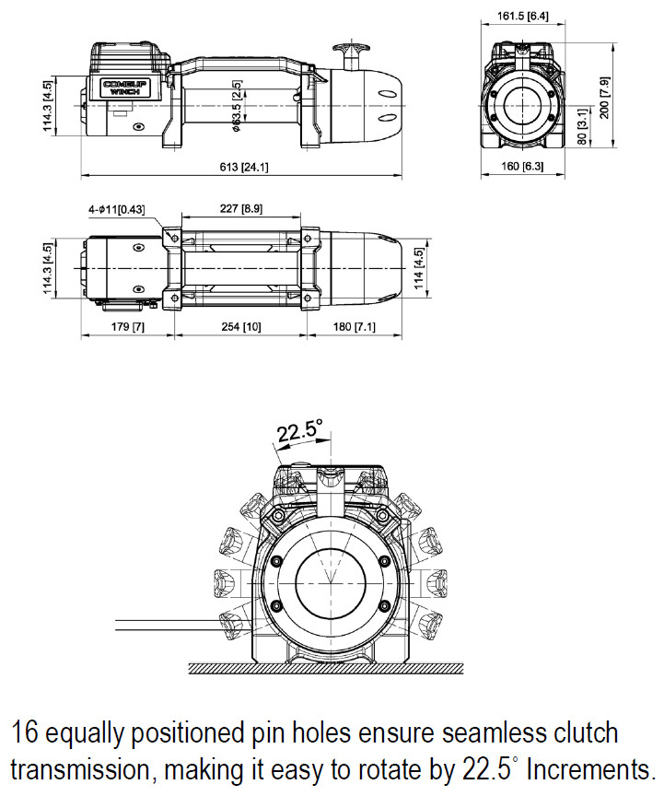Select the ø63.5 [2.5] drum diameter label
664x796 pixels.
pos(237,107)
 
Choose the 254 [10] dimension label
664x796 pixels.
pos(239,328)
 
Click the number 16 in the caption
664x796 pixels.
pos(25,733)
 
